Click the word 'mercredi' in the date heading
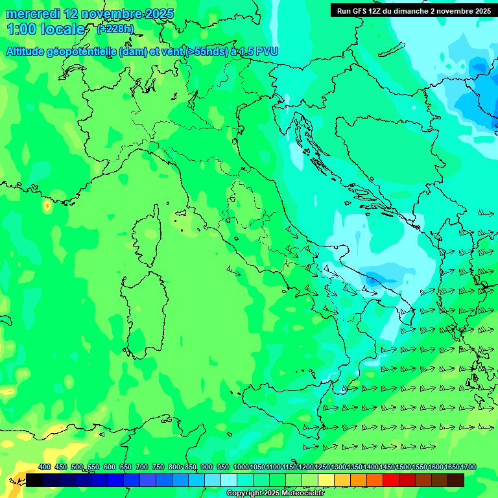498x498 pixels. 33,14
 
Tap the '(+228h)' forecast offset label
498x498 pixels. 116,29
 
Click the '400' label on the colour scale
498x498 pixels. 44,467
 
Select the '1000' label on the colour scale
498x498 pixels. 241,467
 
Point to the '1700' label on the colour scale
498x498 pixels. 468,467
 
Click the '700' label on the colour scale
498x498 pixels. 142,467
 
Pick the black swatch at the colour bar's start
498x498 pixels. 34,480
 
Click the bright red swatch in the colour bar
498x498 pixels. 391,480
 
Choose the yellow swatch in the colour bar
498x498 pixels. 326,480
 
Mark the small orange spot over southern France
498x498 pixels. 47,206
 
